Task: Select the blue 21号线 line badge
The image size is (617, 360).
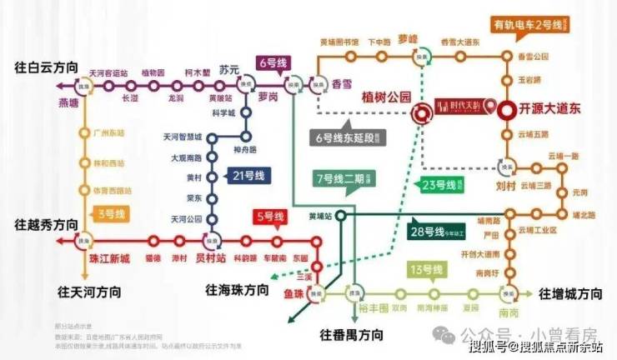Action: (248, 175)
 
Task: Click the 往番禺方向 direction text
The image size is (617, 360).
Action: (351, 334)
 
